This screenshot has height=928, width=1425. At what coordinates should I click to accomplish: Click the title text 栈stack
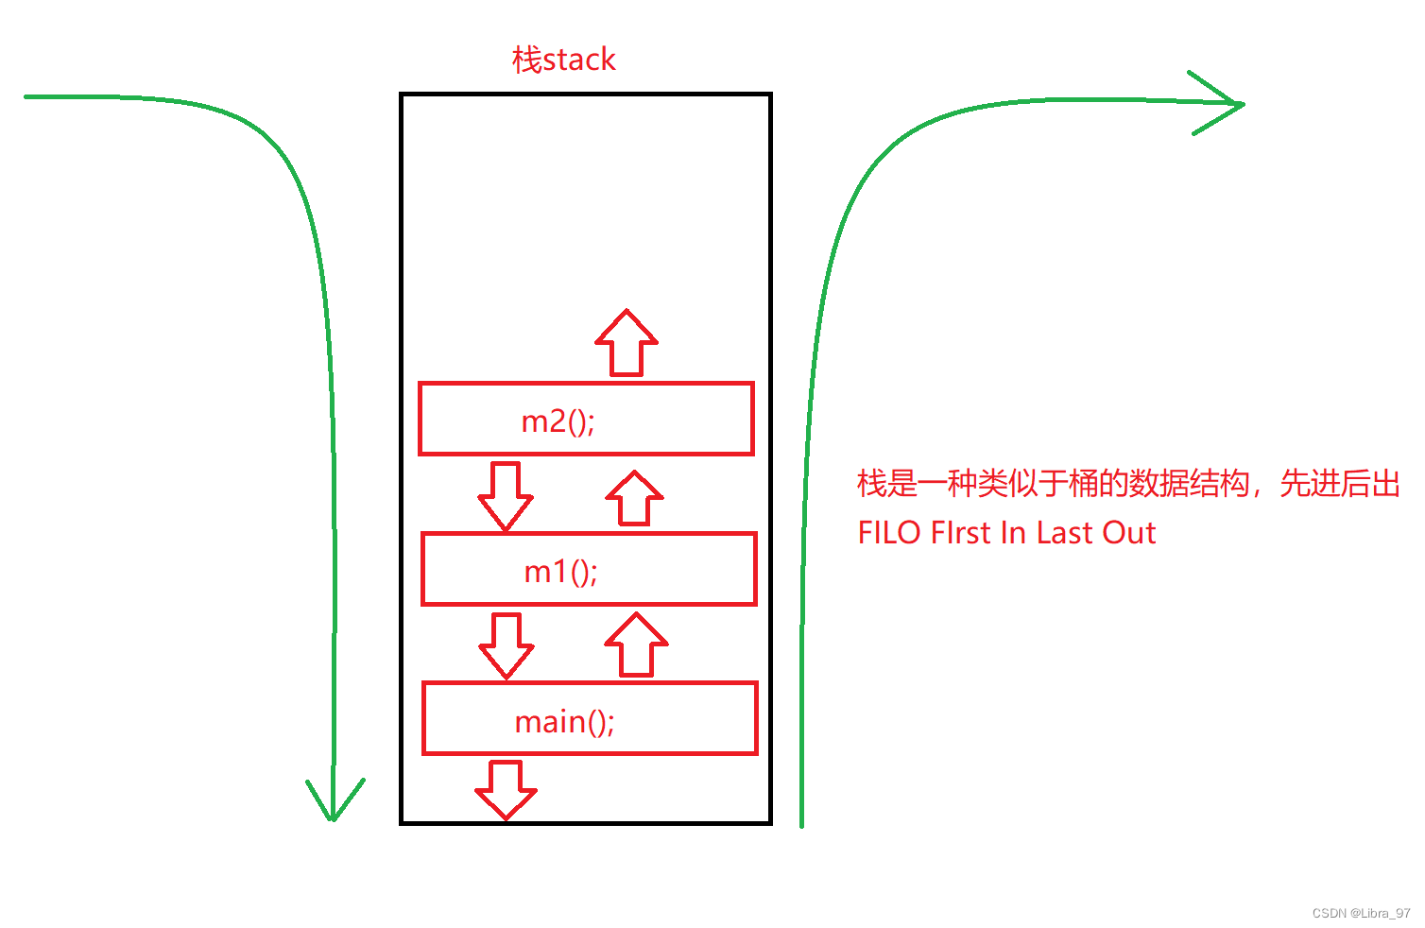coord(563,60)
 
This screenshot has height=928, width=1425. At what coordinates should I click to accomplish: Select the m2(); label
coord(558,421)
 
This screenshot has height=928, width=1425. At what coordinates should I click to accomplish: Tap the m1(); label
coord(561,571)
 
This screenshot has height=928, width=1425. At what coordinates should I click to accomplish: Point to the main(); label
coord(564,722)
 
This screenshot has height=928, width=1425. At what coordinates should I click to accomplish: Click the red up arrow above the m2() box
coord(627,342)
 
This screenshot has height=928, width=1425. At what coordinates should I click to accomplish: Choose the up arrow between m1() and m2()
coord(634,498)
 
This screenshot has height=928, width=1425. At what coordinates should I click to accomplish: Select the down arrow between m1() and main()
coord(506,645)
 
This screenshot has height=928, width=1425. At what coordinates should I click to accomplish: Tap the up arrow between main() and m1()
coord(636,644)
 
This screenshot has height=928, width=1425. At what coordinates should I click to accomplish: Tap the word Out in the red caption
coord(1126,533)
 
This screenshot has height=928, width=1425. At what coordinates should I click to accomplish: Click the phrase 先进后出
coord(1339,483)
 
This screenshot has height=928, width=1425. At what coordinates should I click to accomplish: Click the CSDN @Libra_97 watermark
coord(1361,913)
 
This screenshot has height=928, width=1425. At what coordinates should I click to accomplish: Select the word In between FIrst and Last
coord(1012,533)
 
